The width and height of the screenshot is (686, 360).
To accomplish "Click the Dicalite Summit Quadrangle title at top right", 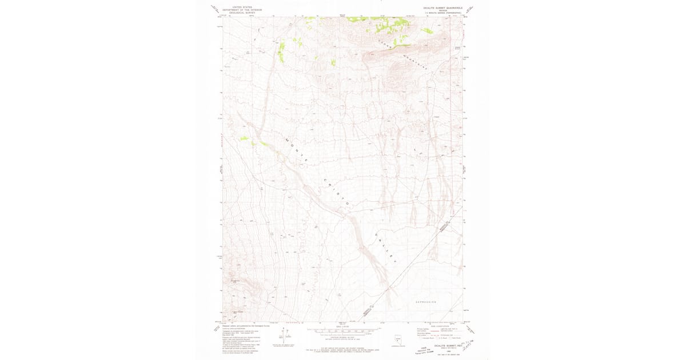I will [x=439, y=7].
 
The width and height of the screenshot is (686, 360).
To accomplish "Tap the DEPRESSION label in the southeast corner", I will [x=426, y=302].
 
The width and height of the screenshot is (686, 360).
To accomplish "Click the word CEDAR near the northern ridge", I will [x=386, y=41].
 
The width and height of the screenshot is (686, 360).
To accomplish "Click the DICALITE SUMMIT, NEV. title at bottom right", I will [x=448, y=345].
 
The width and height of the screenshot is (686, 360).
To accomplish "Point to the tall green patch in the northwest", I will [x=281, y=51].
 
